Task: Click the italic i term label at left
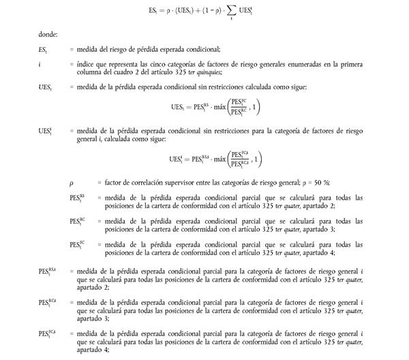tap(40, 64)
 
